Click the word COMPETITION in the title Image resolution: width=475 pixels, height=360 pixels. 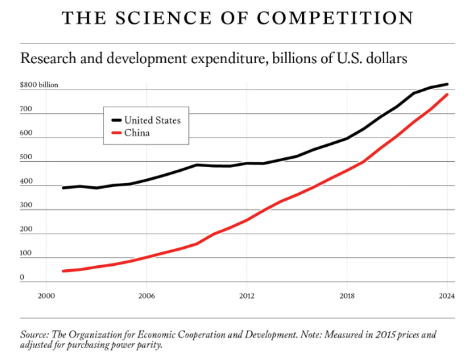(336, 18)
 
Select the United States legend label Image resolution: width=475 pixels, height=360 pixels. (152, 120)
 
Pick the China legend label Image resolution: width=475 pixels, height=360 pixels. (137, 133)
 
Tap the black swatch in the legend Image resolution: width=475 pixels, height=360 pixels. (116, 120)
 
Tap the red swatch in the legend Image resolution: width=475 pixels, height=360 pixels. (116, 133)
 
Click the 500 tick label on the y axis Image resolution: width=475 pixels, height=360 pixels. (26, 157)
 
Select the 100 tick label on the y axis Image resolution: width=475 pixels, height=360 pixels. (26, 253)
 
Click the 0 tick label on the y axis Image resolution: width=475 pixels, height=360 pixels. (22, 277)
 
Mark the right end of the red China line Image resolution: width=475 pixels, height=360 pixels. (447, 95)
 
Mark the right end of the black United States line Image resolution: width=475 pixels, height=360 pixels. (447, 84)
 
